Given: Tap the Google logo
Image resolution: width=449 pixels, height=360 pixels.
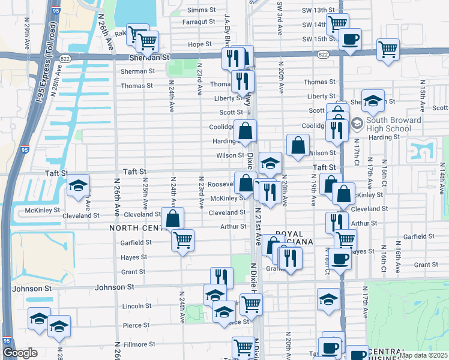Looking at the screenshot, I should point(20,353).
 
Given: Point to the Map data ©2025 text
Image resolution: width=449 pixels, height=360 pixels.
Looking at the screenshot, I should point(423,355).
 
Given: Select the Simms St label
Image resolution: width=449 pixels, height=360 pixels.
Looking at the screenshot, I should point(201,10).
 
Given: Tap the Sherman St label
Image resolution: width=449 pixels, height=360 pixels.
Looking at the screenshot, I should point(137,71).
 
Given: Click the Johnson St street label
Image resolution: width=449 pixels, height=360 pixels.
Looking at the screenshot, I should point(114,287).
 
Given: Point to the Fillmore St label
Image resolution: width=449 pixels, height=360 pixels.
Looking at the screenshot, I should point(139,344).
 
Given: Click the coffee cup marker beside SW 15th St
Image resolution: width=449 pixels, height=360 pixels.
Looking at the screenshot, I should point(350,40).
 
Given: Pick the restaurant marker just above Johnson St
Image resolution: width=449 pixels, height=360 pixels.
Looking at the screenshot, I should point(221,277).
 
